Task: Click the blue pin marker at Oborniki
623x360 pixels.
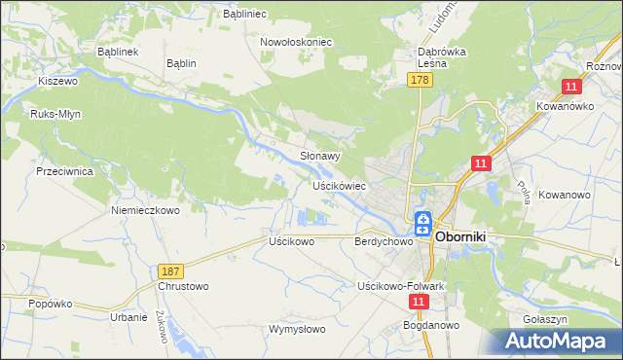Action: coord(424,225)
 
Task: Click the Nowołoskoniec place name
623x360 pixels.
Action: coord(296,43)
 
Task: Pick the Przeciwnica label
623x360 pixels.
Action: coord(64,170)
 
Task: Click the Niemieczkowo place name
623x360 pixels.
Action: coord(146,210)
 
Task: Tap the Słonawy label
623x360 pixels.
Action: coord(319,156)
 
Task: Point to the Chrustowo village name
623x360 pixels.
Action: coord(183,287)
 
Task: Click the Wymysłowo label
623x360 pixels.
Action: coord(297,329)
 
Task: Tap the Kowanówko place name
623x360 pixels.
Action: coord(565,106)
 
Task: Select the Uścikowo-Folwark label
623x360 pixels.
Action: coord(400,286)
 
